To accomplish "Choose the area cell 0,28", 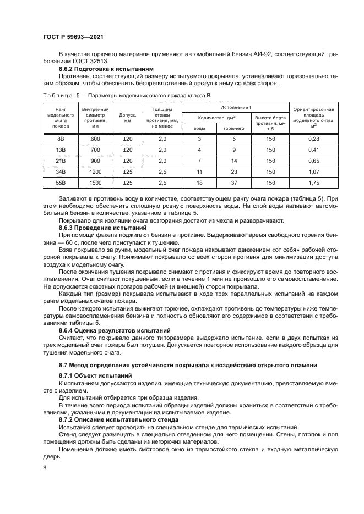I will point(314,139).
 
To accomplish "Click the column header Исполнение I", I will point(236,107).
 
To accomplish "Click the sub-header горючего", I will point(233,128).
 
